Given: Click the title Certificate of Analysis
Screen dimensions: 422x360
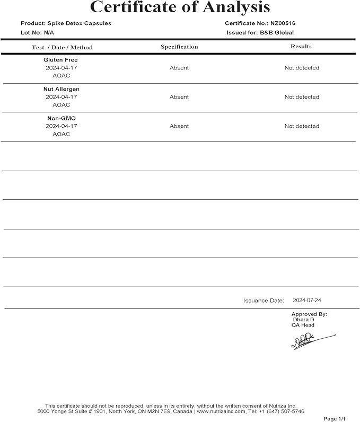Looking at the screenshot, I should [180, 7].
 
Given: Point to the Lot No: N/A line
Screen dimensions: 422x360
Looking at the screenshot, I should [38, 32].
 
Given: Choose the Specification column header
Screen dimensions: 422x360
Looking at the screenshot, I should [179, 47].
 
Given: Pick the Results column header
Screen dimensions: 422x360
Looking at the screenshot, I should [301, 47].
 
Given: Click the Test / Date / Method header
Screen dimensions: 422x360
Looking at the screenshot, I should [62, 47].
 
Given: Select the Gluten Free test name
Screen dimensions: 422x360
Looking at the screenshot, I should [61, 60].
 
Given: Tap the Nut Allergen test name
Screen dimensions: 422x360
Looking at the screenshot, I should [61, 89].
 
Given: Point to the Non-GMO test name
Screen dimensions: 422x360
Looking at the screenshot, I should [61, 118].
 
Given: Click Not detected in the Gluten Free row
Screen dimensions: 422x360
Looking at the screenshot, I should [302, 68].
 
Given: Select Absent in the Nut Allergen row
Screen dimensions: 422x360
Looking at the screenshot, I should [179, 97].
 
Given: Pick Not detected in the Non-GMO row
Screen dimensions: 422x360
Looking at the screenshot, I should [302, 126].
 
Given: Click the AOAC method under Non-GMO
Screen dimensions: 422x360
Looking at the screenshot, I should [61, 134].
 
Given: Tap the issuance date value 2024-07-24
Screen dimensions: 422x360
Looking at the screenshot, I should [307, 300].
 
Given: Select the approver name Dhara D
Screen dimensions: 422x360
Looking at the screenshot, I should [303, 320].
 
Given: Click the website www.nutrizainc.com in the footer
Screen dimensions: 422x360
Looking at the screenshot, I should [221, 411].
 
